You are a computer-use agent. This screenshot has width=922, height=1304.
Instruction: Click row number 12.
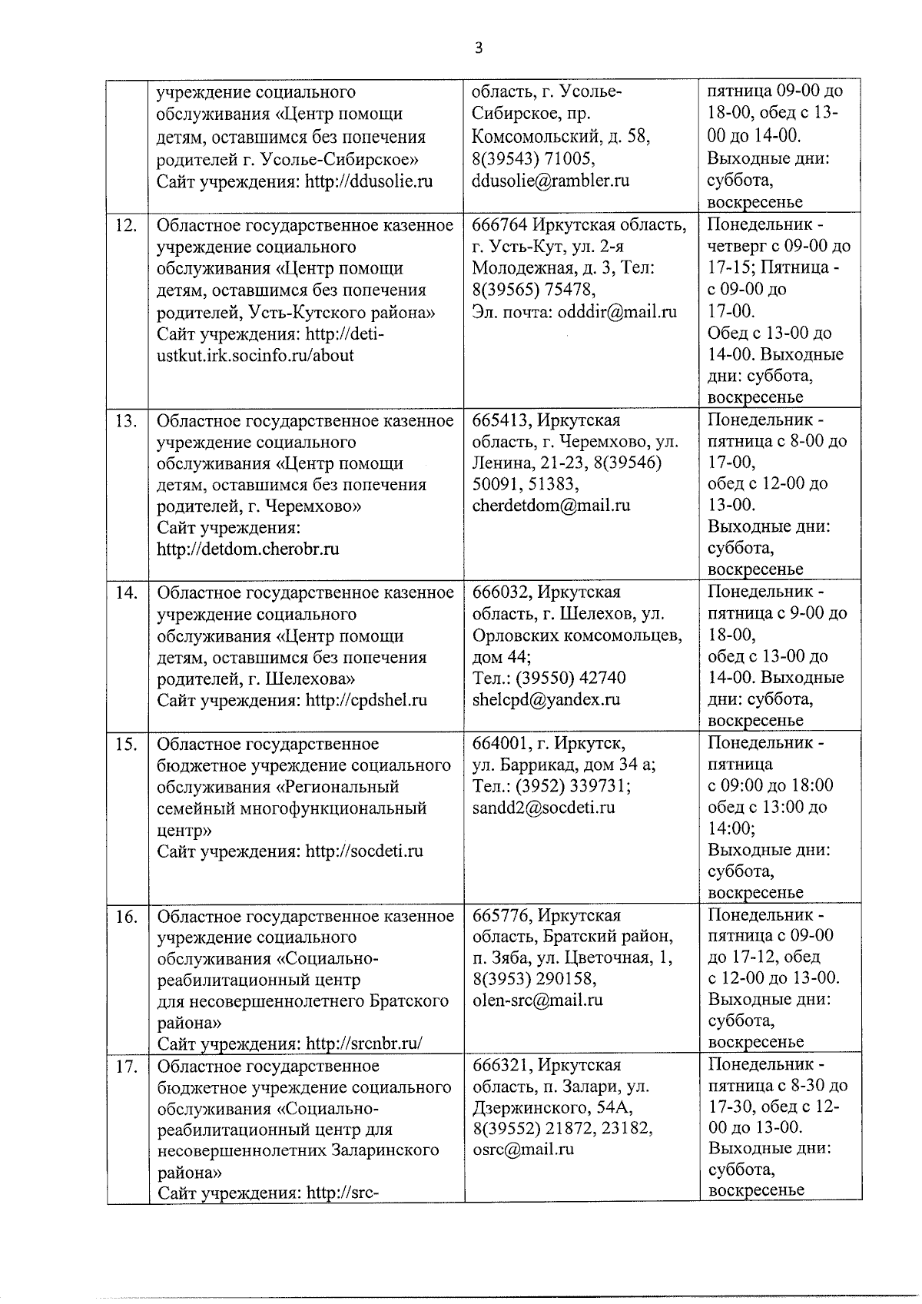(126, 226)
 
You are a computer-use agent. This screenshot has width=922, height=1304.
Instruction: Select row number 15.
(126, 745)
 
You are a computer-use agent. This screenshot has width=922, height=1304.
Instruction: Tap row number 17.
(126, 1067)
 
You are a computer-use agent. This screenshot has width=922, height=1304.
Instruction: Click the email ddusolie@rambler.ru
(550, 181)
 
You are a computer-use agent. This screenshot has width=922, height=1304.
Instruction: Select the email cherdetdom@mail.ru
(551, 506)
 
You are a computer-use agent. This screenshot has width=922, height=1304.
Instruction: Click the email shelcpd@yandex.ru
(546, 699)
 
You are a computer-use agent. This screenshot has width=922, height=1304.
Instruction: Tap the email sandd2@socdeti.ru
(544, 808)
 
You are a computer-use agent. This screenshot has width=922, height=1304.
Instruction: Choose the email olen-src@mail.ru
(538, 1000)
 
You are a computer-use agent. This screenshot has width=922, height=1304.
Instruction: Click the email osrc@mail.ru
(523, 1150)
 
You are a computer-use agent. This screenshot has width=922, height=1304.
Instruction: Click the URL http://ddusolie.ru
(369, 181)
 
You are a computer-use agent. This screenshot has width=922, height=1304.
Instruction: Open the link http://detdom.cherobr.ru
(247, 549)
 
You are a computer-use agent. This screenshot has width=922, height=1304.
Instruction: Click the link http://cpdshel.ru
(366, 700)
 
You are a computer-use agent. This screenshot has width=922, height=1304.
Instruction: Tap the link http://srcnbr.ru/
(364, 1044)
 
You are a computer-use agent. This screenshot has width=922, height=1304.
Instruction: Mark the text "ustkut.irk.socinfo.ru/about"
(255, 356)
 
